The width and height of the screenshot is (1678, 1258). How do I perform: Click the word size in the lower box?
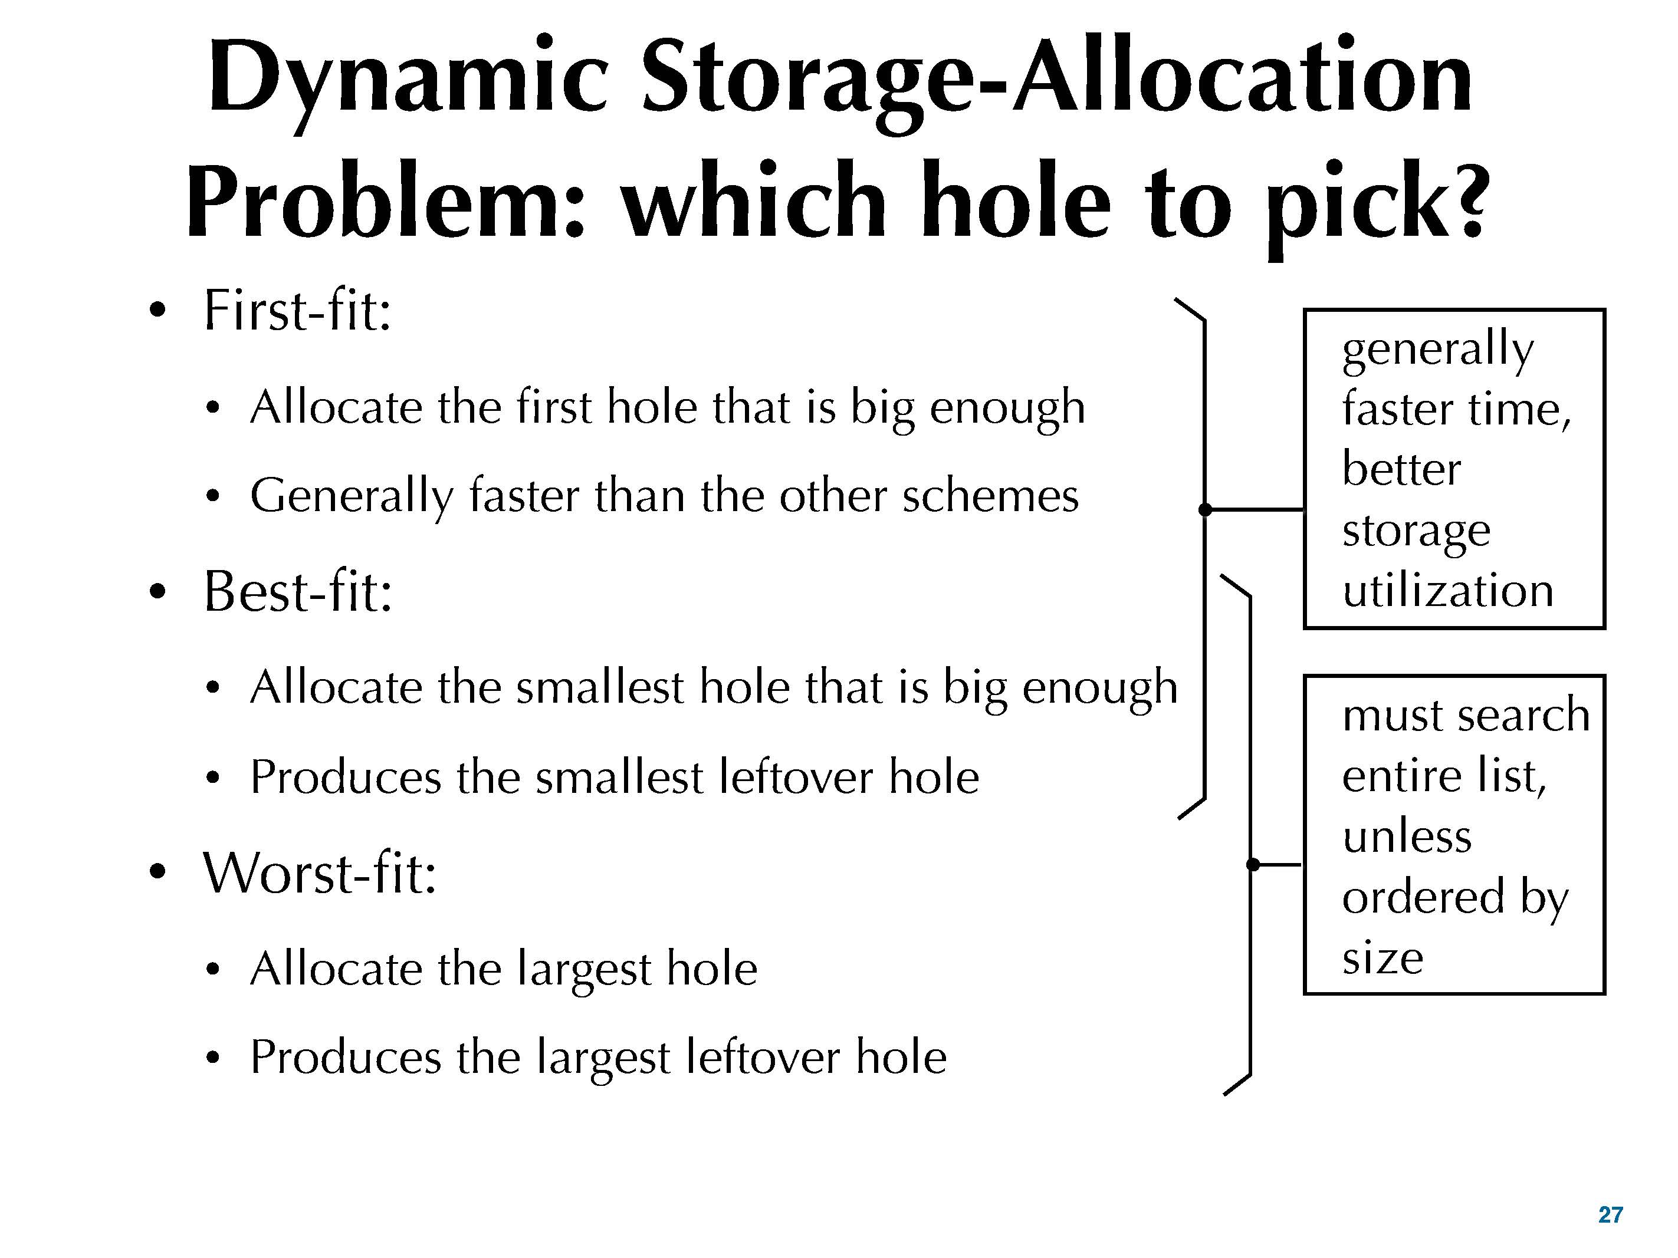point(1382,958)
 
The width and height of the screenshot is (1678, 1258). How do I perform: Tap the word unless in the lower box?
point(1407,837)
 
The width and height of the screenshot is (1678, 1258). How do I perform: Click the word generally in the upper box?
point(1437,350)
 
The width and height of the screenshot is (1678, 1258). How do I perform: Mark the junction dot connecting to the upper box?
point(1204,509)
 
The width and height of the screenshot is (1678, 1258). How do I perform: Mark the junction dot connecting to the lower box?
point(1252,864)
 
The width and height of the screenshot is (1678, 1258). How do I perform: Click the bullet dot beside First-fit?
point(157,311)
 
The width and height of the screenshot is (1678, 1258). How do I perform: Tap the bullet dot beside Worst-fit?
point(157,873)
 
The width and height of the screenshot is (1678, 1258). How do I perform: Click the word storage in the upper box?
point(1416,531)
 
